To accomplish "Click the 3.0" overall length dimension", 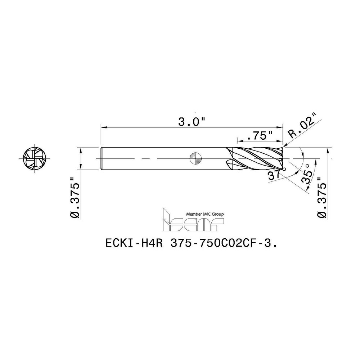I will click(191, 122).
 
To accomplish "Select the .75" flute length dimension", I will click(260, 136).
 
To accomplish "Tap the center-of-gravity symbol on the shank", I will click(197, 158).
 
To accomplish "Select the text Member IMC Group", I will click(205, 214).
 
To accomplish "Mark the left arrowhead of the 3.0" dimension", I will click(103, 127).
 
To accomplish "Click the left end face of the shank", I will click(101, 158).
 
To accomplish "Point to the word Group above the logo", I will click(217, 214).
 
